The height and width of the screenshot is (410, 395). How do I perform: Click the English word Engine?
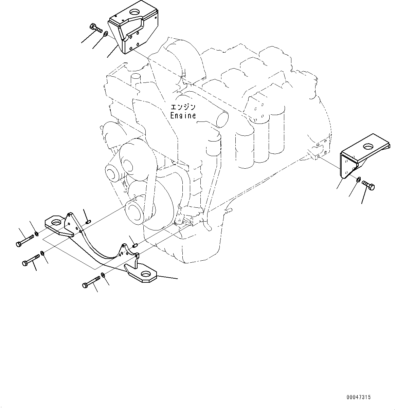pyautogui.click(x=183, y=116)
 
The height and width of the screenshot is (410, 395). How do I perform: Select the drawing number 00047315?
pyautogui.click(x=359, y=397)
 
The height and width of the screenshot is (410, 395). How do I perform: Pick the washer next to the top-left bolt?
pyautogui.click(x=106, y=33)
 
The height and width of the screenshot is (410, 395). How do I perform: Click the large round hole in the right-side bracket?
pyautogui.click(x=367, y=147)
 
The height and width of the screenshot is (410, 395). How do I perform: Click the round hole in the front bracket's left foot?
pyautogui.click(x=57, y=223)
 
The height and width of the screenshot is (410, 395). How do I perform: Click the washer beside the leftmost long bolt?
pyautogui.click(x=36, y=233)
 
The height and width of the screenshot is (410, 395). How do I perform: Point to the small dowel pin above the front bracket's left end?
pyautogui.click(x=88, y=222)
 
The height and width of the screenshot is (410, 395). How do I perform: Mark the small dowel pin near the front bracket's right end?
pyautogui.click(x=135, y=245)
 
